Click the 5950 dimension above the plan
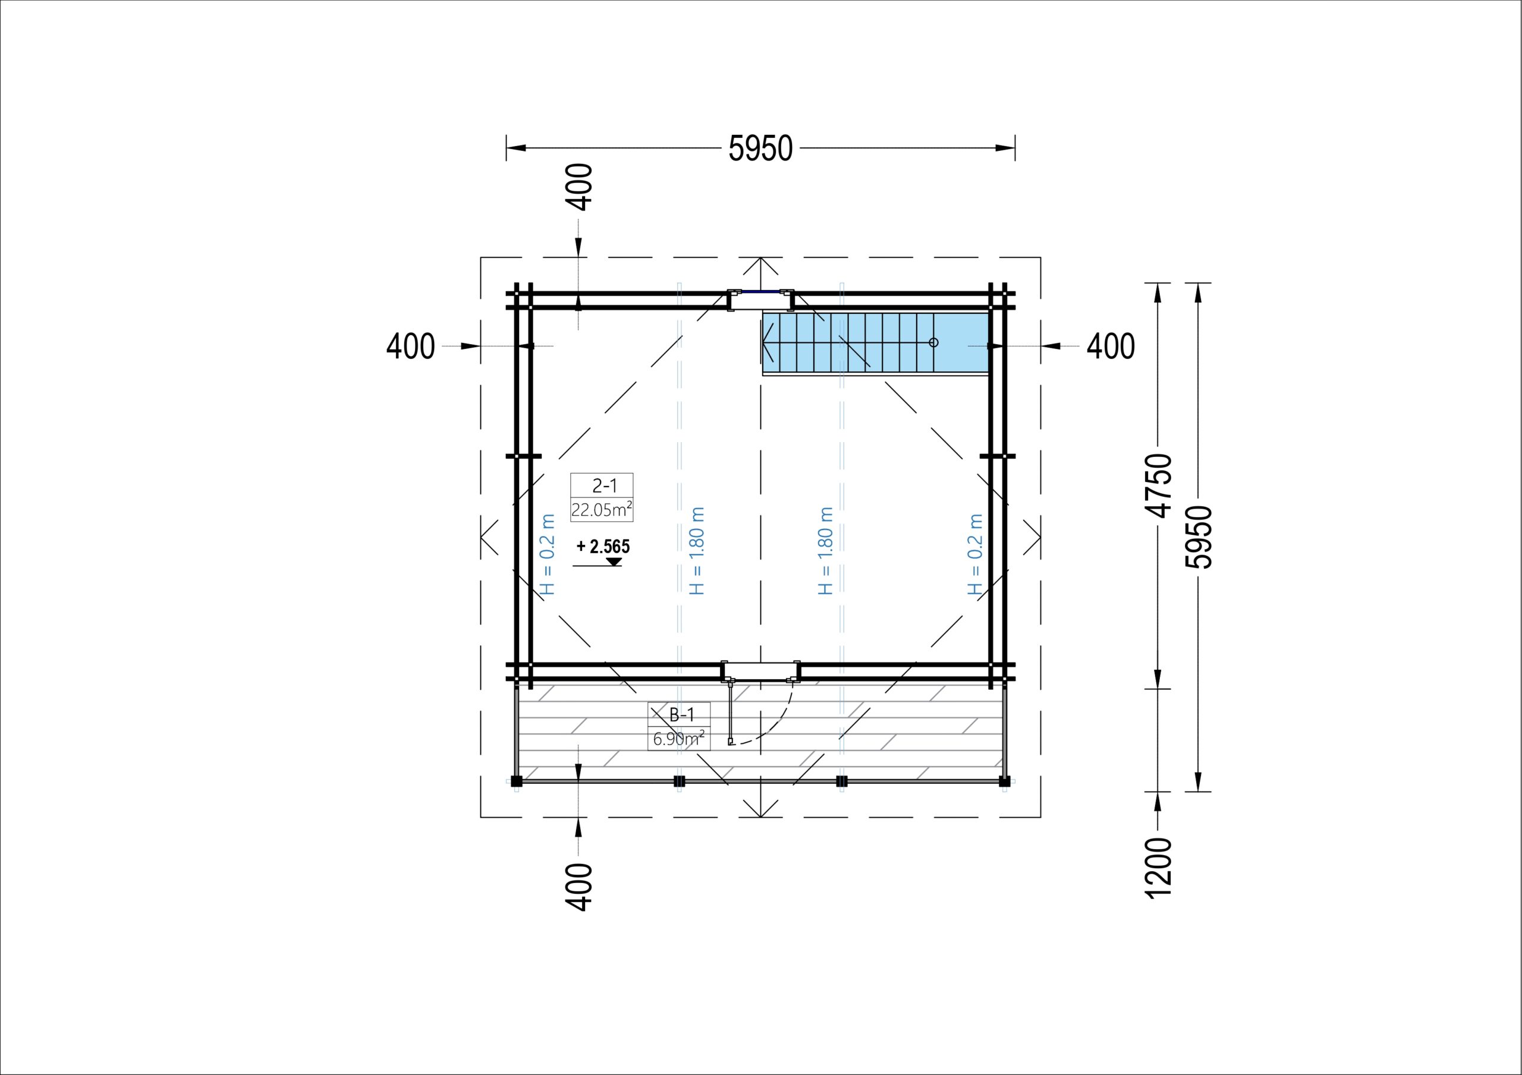[760, 149]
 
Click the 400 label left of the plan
[410, 346]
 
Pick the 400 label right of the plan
[1111, 346]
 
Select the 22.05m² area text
[601, 510]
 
